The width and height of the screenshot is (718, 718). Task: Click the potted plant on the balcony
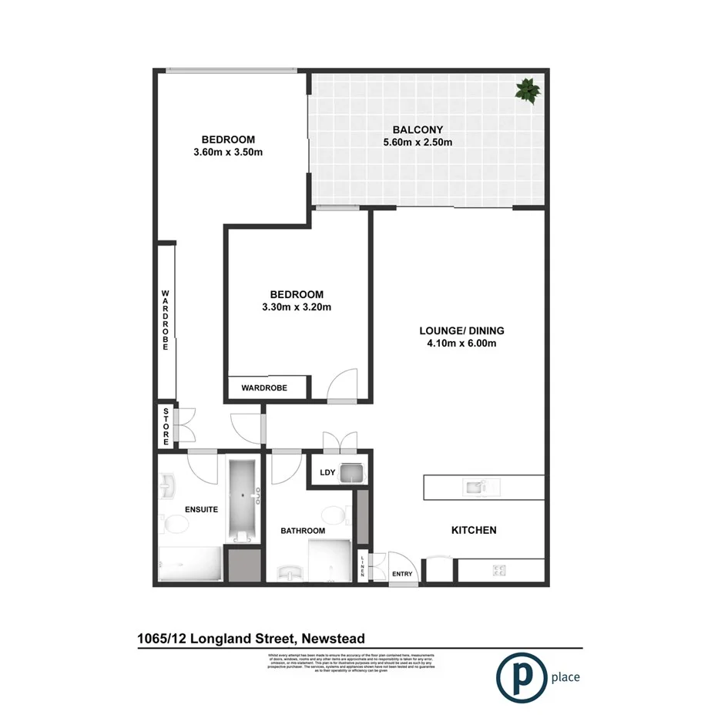tap(528, 90)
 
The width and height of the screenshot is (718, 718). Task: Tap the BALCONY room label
tap(417, 129)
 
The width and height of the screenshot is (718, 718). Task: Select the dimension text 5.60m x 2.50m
tap(417, 142)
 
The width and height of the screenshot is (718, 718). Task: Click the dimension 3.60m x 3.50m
tap(228, 152)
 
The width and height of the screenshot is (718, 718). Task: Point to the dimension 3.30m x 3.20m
tap(296, 307)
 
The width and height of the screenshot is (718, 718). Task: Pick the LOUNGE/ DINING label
tap(461, 330)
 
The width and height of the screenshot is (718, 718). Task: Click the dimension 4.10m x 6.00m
tap(461, 344)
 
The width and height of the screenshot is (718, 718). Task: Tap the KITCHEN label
tap(473, 530)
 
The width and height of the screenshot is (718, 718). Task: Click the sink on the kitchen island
tap(480, 486)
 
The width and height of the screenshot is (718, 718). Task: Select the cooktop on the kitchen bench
tap(498, 571)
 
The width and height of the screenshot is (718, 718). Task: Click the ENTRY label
tap(402, 574)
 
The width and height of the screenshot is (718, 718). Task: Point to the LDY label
tap(325, 474)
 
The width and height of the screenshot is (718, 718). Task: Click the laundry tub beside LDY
tap(351, 473)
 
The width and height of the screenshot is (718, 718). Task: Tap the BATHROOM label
tap(302, 531)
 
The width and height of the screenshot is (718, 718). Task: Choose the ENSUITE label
tap(202, 509)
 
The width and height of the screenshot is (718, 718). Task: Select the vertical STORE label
tap(166, 427)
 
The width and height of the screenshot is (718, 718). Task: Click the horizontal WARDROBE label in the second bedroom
tap(264, 388)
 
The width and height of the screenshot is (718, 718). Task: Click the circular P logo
tap(517, 678)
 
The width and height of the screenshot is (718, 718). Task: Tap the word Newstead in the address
tap(333, 638)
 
